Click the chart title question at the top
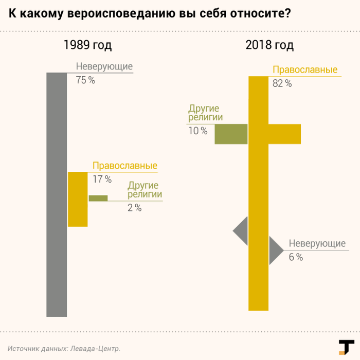coord(149,14)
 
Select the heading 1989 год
coord(87,45)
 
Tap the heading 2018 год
coord(269,45)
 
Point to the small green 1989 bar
coord(98,198)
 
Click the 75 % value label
coord(85,80)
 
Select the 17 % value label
coord(102,179)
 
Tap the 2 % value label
coord(134,208)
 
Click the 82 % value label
coord(282,83)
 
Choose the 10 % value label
coord(198,131)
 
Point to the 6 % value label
coord(296,257)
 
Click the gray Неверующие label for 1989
coord(104,67)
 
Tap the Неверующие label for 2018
coord(317,244)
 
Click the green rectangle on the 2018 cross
coord(231,134)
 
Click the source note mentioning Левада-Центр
coord(64,348)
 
